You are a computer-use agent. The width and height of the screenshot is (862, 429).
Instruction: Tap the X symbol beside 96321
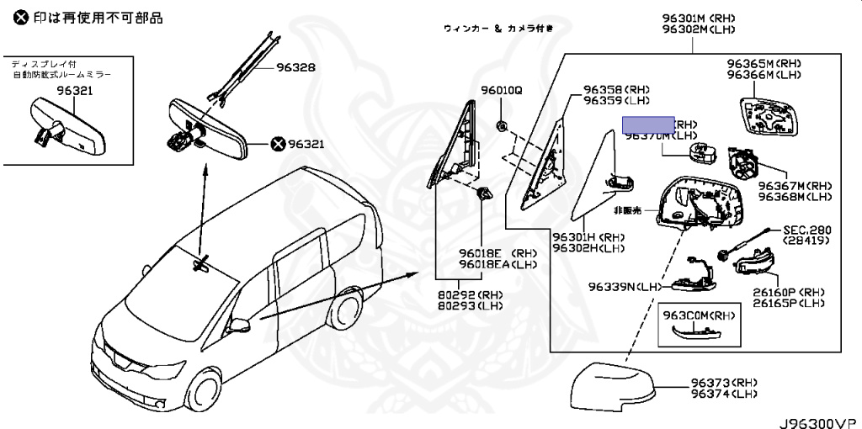(x=278, y=144)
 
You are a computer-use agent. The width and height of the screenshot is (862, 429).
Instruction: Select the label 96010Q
(x=502, y=89)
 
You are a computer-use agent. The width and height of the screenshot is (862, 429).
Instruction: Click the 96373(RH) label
(x=723, y=383)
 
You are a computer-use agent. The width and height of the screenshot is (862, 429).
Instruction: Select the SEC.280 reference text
(x=806, y=229)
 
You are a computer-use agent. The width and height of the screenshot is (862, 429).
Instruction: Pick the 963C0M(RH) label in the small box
(x=699, y=315)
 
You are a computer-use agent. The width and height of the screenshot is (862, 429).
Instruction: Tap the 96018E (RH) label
(x=498, y=253)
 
